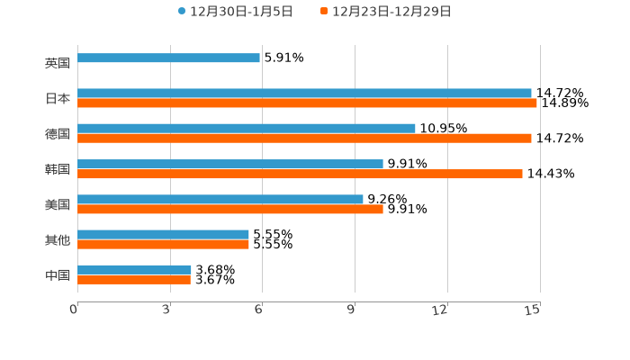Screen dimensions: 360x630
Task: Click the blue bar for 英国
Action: point(168,58)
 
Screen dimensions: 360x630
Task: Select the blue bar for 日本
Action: point(304,93)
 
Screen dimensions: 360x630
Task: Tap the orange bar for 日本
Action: point(307,103)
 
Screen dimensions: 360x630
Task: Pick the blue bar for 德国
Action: point(247,128)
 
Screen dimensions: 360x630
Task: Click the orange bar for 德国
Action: point(304,139)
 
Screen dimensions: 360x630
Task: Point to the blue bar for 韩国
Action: point(230,164)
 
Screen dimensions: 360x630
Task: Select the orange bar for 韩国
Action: point(300,174)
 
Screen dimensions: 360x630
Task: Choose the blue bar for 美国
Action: point(220,199)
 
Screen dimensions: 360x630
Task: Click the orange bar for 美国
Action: point(230,210)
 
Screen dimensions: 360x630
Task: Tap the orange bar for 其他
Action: point(163,244)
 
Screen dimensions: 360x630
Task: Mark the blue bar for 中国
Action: point(134,269)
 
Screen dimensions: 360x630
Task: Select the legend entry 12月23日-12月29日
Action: point(385,12)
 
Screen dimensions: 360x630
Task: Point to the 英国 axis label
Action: point(58,64)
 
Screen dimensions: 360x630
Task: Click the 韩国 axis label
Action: point(58,169)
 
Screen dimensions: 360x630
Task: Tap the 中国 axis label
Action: point(58,274)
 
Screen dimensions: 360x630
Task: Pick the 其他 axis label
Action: point(58,239)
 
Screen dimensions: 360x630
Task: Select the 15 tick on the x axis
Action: point(534,310)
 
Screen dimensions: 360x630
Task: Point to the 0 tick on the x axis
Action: point(74,310)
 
